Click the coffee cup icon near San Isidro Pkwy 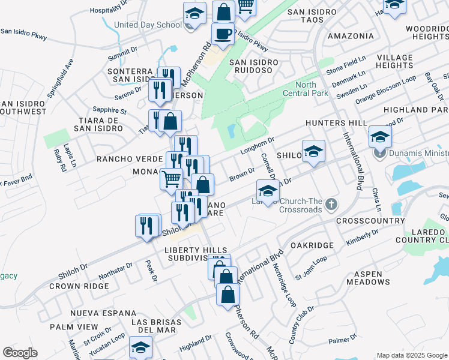point(223,34)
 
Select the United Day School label point(147,25)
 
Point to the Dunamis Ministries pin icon point(379,153)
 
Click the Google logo point(20,353)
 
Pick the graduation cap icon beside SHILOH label point(313,152)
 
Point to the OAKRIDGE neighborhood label point(312,245)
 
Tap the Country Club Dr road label point(294,325)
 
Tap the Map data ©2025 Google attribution point(411,355)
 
